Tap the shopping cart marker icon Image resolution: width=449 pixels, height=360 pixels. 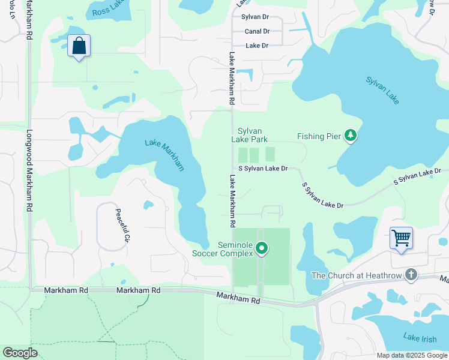click(400, 238)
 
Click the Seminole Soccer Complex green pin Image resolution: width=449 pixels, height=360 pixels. click(261, 247)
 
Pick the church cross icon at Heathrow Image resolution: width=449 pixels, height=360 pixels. click(411, 275)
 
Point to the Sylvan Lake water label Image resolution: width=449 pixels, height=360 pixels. click(382, 88)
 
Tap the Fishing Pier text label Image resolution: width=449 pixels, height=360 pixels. click(319, 136)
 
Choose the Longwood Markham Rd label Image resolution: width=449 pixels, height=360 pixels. click(28, 171)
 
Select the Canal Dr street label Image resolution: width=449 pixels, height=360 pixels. click(257, 31)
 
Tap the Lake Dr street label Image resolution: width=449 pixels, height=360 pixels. click(257, 46)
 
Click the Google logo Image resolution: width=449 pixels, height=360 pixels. click(20, 353)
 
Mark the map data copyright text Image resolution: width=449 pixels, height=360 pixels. click(412, 355)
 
